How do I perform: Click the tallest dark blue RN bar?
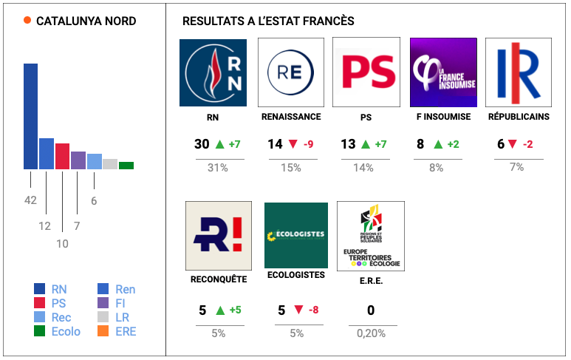tap(30, 116)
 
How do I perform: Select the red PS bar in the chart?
tap(62, 156)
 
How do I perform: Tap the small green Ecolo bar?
tap(126, 165)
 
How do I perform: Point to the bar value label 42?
tap(30, 200)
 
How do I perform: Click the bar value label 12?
tap(45, 226)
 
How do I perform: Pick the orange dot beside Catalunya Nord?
tap(27, 21)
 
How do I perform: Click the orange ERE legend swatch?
tap(103, 331)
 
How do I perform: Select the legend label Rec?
tap(61, 317)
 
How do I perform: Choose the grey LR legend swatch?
tap(103, 317)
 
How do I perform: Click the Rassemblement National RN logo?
tap(213, 72)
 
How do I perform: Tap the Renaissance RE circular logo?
tap(290, 72)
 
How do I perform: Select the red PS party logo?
tap(366, 72)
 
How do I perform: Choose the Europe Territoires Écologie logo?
tap(370, 235)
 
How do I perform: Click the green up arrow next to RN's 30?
tap(219, 144)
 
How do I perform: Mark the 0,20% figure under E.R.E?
tap(370, 333)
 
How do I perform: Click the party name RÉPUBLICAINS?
tap(519, 117)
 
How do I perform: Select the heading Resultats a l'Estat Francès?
tap(267, 21)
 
